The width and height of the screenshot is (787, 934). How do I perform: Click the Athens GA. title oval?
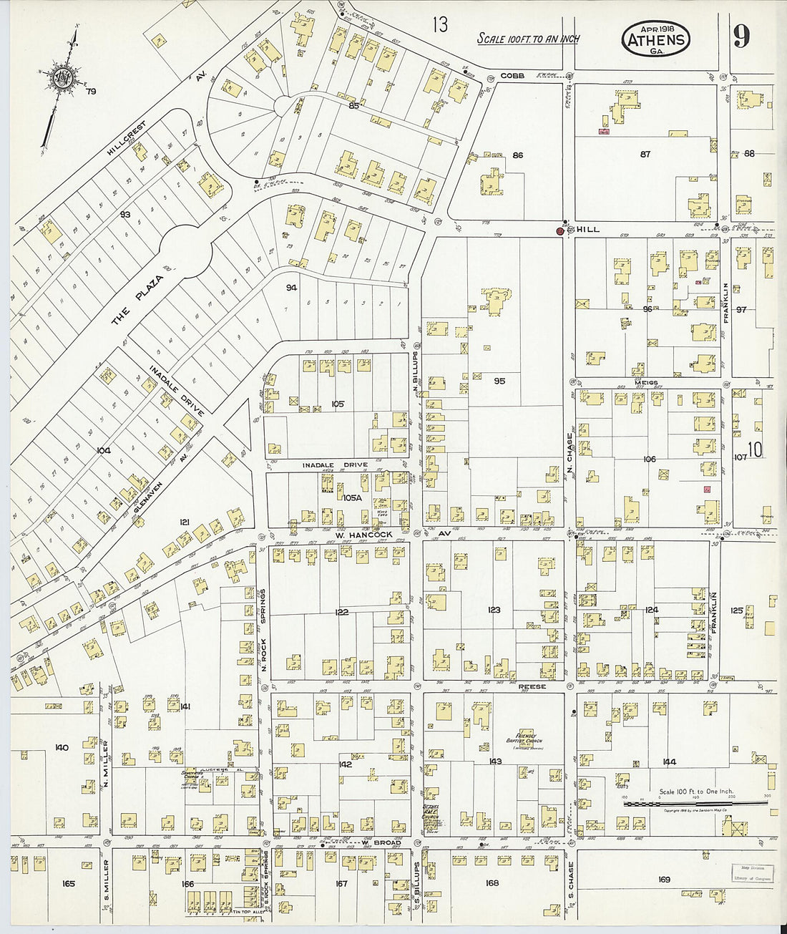coord(656,39)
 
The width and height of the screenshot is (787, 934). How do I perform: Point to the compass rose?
coord(59,78)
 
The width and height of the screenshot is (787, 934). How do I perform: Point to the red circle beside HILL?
coord(560,231)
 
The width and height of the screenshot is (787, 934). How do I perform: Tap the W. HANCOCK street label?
coord(363,535)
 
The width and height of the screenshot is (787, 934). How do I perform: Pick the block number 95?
coord(499,381)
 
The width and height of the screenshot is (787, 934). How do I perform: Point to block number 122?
coord(341,612)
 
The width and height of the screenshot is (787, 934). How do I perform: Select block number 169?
coord(663,879)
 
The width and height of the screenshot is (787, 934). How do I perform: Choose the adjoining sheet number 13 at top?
coord(439,26)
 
